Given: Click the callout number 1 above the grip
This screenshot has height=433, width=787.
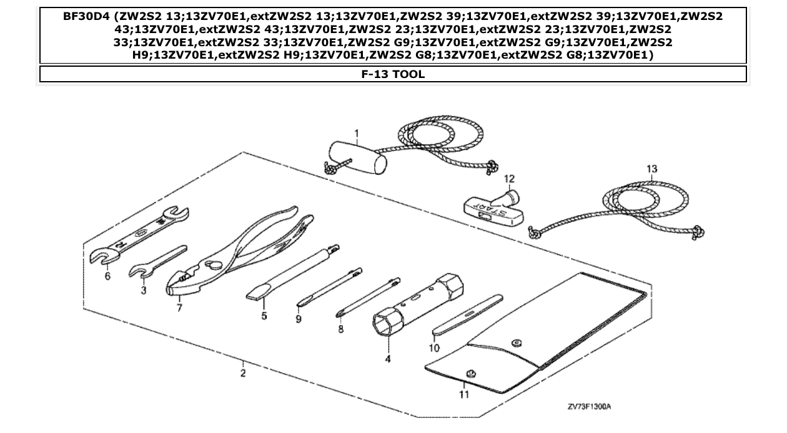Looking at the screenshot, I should click(356, 134).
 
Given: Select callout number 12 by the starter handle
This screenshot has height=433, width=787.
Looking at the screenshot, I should click(509, 179).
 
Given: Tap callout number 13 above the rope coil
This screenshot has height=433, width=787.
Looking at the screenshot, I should click(652, 169).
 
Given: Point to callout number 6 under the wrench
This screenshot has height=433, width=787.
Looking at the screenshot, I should click(107, 275).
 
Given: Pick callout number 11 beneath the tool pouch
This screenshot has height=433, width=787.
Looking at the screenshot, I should click(462, 394).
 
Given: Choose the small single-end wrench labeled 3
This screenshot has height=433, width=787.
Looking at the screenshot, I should click(157, 263).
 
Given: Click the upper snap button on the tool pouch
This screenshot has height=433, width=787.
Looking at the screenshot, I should click(516, 343).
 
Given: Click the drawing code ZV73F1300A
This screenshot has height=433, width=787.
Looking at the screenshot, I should click(589, 407).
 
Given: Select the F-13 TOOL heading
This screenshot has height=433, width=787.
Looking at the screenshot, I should click(393, 74).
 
